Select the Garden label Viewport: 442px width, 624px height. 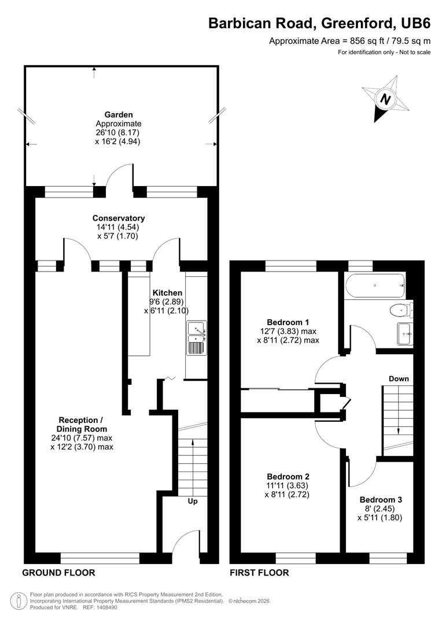point(118,115)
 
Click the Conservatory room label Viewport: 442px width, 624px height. point(119,218)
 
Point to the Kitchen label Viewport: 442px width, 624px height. point(167,293)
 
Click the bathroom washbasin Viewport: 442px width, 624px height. point(404,333)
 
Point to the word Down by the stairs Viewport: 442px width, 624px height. point(399,378)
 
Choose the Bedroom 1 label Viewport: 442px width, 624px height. point(288,322)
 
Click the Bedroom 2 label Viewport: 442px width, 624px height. point(288,477)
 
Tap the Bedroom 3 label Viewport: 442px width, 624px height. point(380,499)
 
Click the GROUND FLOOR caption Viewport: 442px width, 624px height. point(58,573)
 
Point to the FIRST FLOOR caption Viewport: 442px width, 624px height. point(259,573)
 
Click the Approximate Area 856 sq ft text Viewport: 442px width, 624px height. point(350,41)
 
